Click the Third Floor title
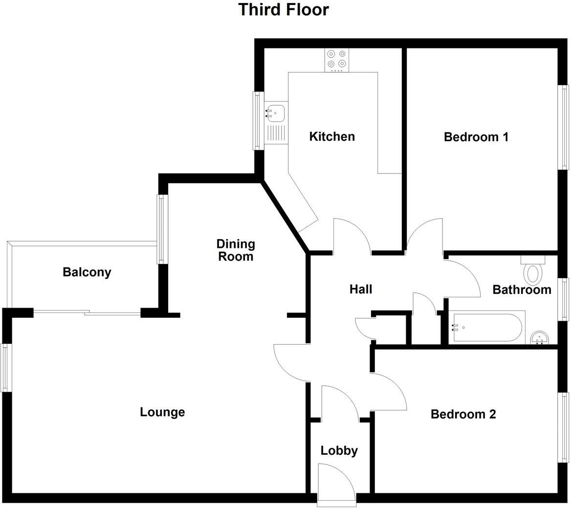pyautogui.click(x=284, y=10)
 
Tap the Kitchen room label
pyautogui.click(x=332, y=136)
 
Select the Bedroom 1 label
pyautogui.click(x=476, y=137)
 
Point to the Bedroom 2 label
pyautogui.click(x=463, y=415)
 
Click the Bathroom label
pyautogui.click(x=522, y=289)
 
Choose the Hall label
pyautogui.click(x=361, y=289)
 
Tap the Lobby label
pyautogui.click(x=339, y=451)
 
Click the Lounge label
pyautogui.click(x=162, y=412)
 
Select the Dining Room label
pyautogui.click(x=236, y=250)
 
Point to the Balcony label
pyautogui.click(x=87, y=272)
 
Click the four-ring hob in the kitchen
pyautogui.click(x=337, y=59)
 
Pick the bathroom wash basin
pyautogui.click(x=540, y=337)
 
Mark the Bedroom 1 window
pyautogui.click(x=564, y=128)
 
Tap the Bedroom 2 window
pyautogui.click(x=564, y=427)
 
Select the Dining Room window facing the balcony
pyautogui.click(x=162, y=229)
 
